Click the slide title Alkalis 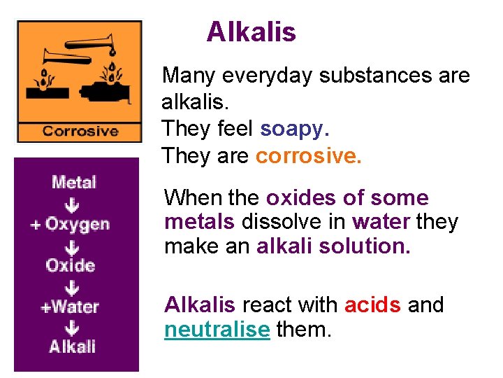[x=251, y=32]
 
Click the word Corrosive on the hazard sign [x=80, y=131]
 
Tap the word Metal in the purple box [x=74, y=183]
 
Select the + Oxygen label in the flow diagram [x=70, y=225]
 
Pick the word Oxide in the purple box [x=70, y=265]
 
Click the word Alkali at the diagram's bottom [x=72, y=346]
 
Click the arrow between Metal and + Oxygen [x=73, y=204]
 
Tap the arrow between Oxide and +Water [x=72, y=287]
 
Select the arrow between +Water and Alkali [x=72, y=327]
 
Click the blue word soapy [x=294, y=129]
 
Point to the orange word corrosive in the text [x=309, y=155]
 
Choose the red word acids [x=372, y=305]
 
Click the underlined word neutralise [x=217, y=329]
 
